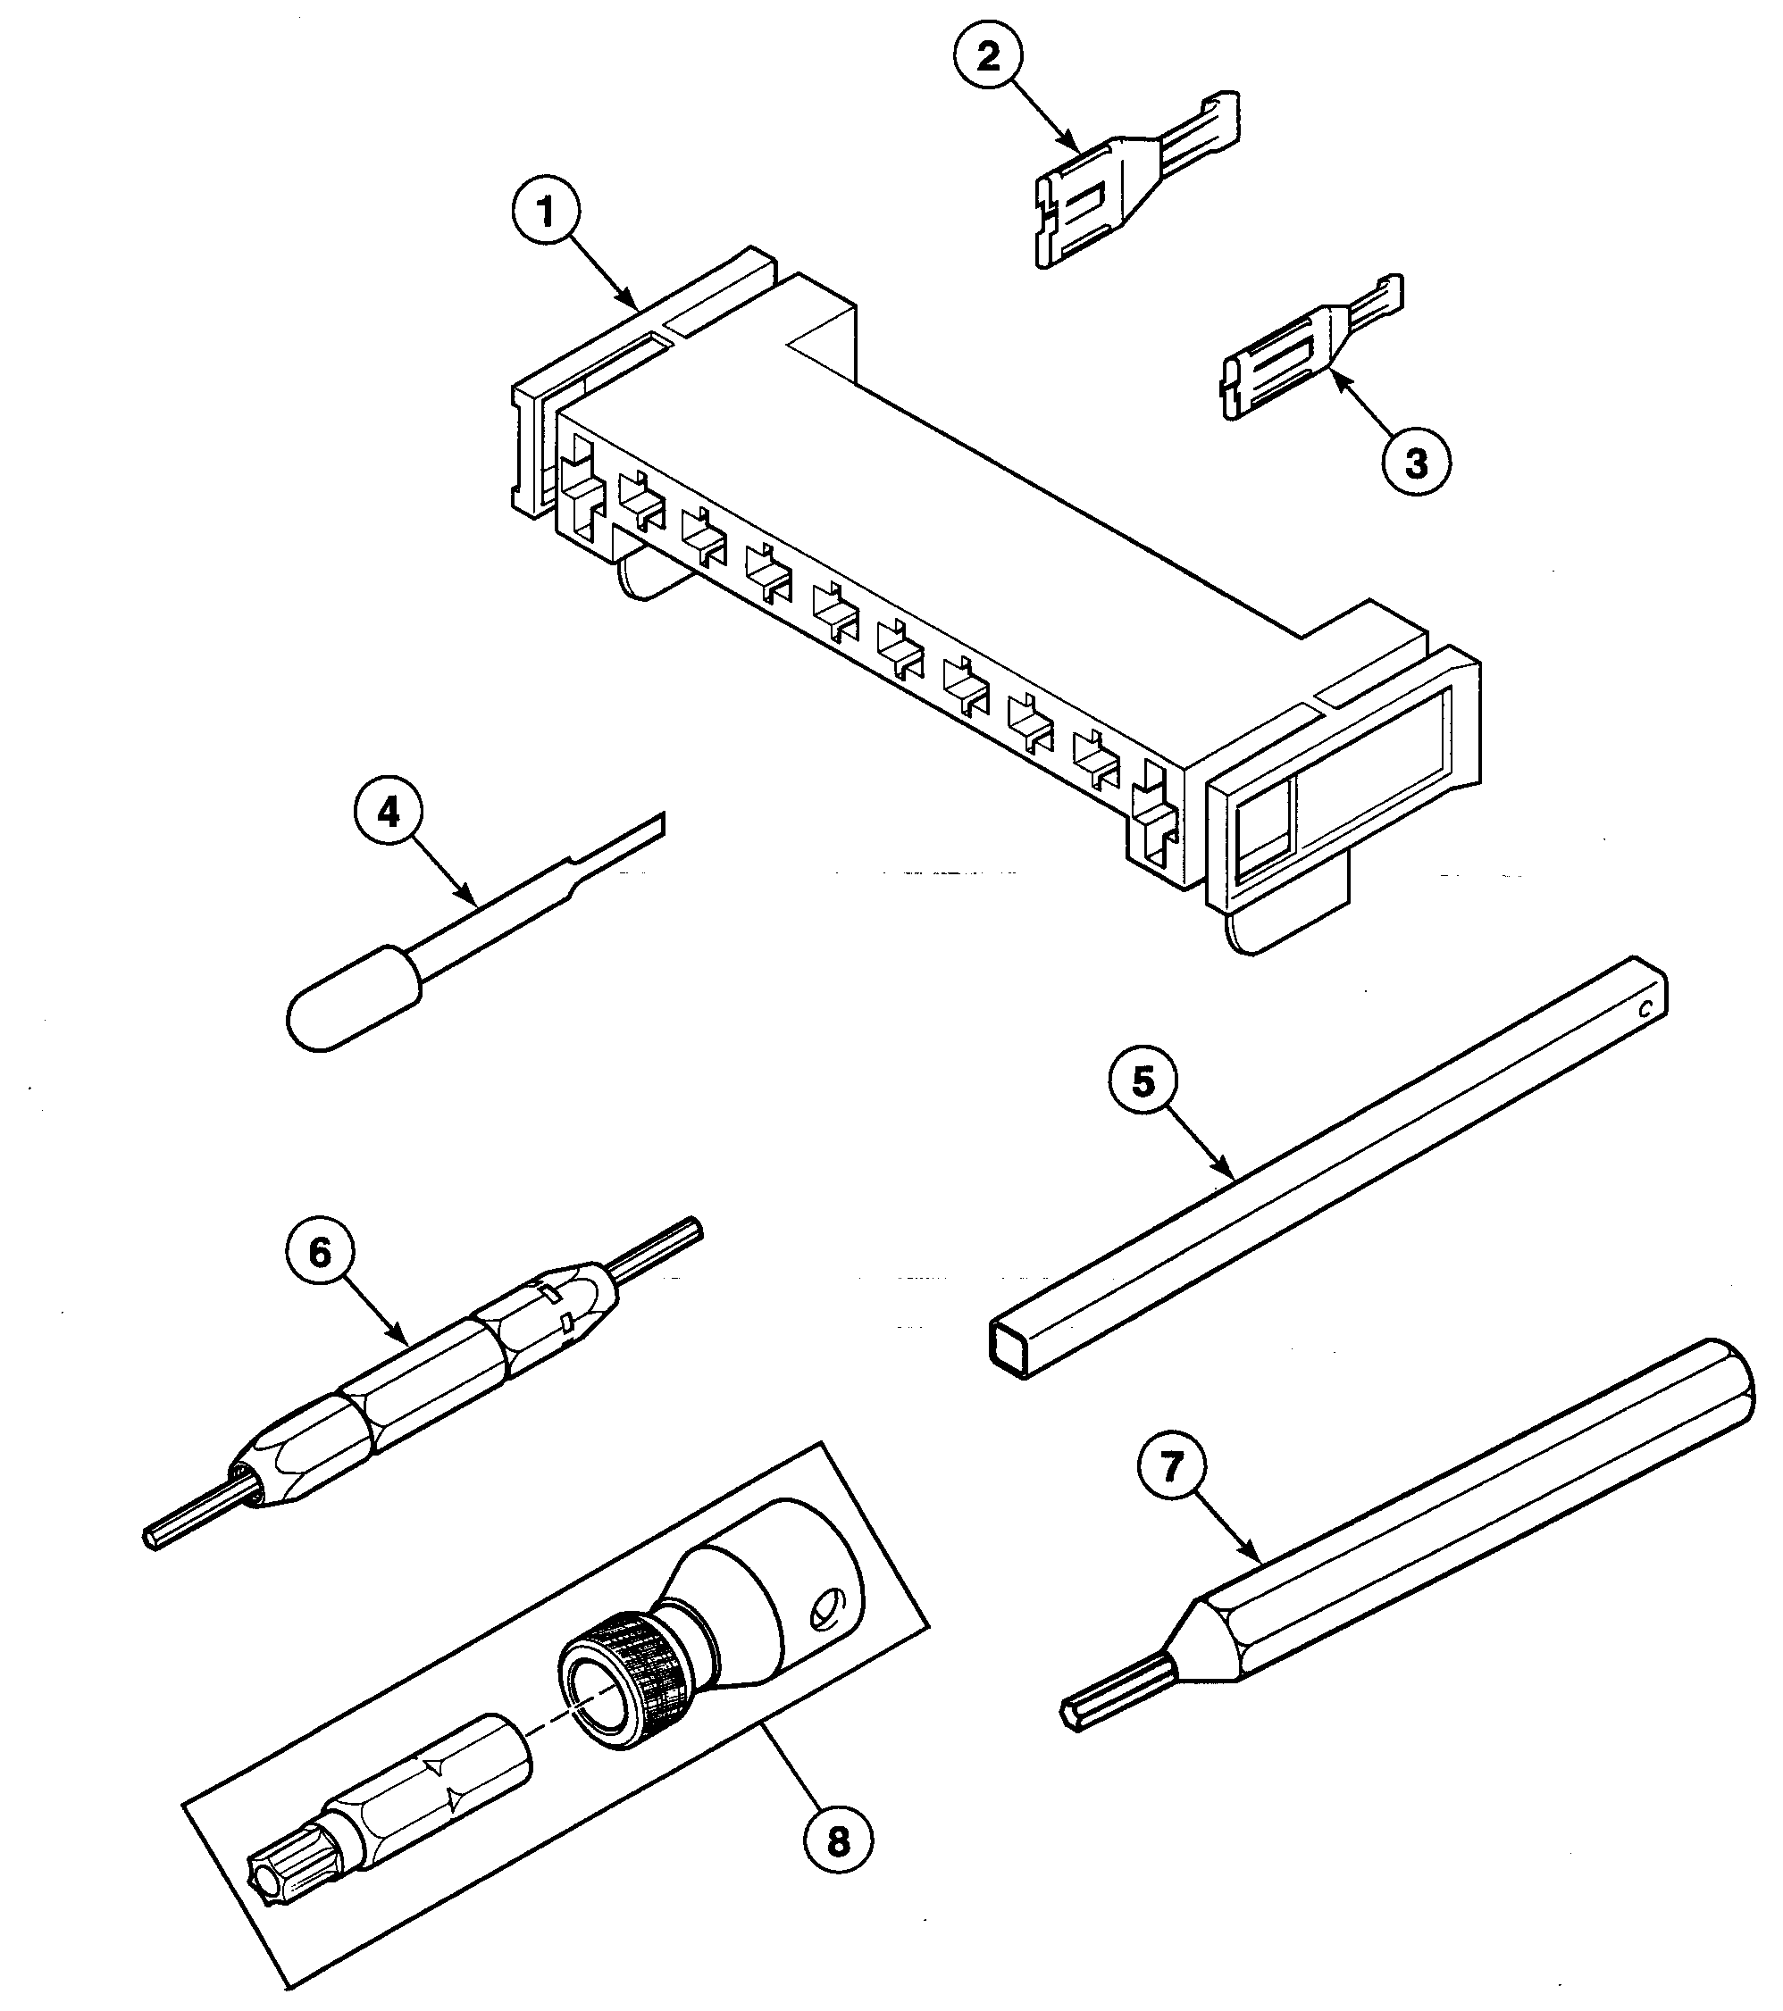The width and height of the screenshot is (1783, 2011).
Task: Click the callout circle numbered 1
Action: click(x=546, y=213)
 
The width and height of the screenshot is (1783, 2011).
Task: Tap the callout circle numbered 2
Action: click(x=989, y=54)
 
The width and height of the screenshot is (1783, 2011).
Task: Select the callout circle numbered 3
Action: click(x=1416, y=463)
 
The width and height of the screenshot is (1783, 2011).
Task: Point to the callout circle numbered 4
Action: click(x=389, y=814)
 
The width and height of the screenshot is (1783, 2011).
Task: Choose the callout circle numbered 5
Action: click(x=1143, y=1081)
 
